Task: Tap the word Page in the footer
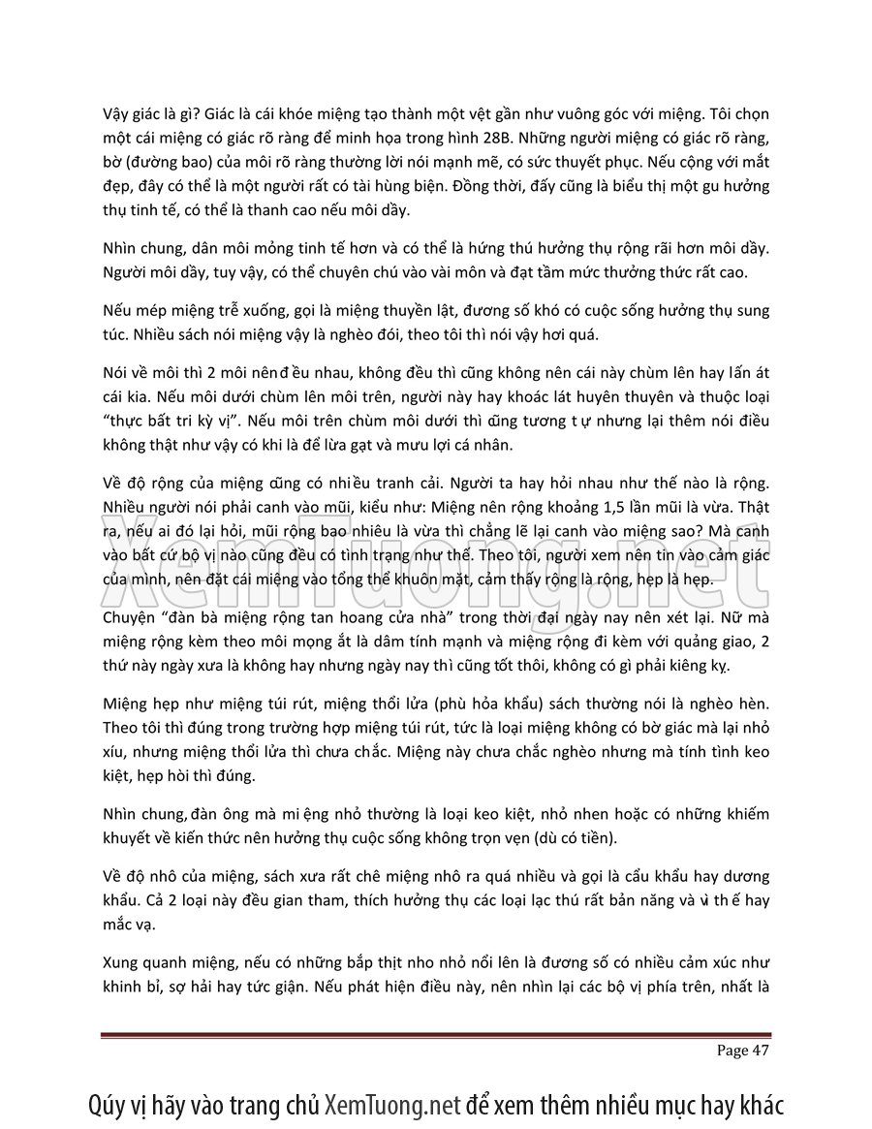[732, 1051]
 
